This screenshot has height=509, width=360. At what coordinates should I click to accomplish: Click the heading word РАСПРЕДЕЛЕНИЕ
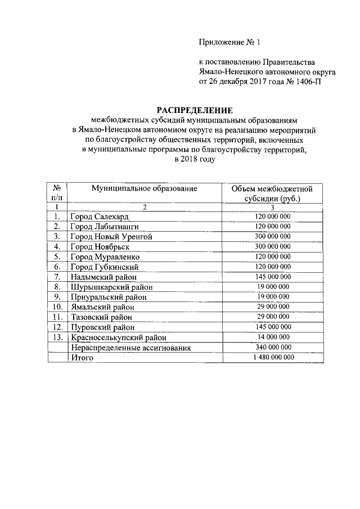point(194,110)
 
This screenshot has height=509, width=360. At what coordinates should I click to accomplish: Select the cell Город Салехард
point(100,217)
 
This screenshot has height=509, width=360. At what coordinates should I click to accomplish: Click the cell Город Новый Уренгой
point(111,237)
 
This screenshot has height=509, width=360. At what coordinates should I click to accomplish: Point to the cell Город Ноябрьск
point(100,247)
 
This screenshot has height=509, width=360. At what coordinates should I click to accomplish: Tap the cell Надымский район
point(103,277)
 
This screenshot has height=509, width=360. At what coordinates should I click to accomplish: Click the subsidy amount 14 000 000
point(272,337)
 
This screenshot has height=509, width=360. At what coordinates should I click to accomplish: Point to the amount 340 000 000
point(272,347)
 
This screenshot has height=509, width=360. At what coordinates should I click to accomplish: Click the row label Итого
point(82,358)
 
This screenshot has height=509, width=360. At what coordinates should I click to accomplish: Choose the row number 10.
point(57,307)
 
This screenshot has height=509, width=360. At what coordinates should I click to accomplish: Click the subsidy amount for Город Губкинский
point(272,267)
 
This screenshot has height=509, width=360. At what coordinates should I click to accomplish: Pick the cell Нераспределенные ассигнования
point(131,348)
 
